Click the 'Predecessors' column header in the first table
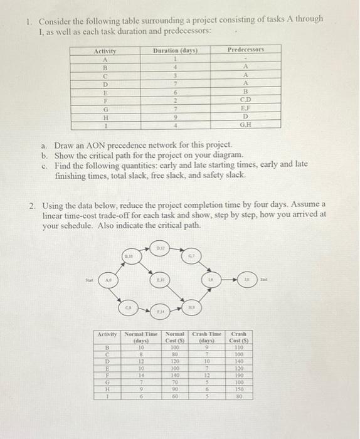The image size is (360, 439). (246, 49)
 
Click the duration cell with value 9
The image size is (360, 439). (176, 116)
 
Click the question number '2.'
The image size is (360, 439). (31, 204)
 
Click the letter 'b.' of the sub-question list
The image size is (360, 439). (44, 155)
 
